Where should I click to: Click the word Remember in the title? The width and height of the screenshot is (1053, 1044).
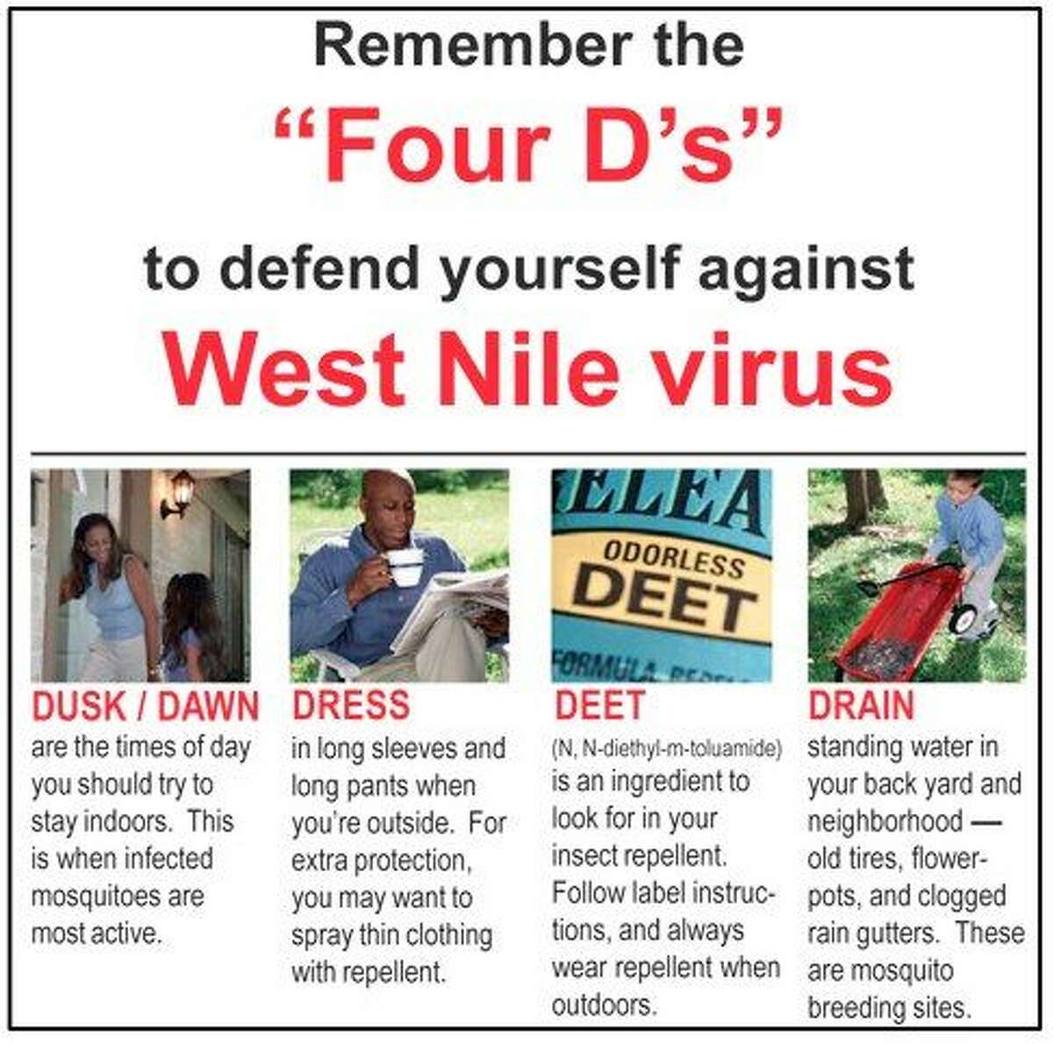473,46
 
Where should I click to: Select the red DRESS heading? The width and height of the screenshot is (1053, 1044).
351,705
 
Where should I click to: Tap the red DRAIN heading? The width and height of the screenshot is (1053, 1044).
861,705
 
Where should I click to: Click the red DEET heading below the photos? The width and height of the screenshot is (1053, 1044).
600,705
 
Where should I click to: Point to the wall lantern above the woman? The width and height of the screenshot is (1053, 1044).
179,494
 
